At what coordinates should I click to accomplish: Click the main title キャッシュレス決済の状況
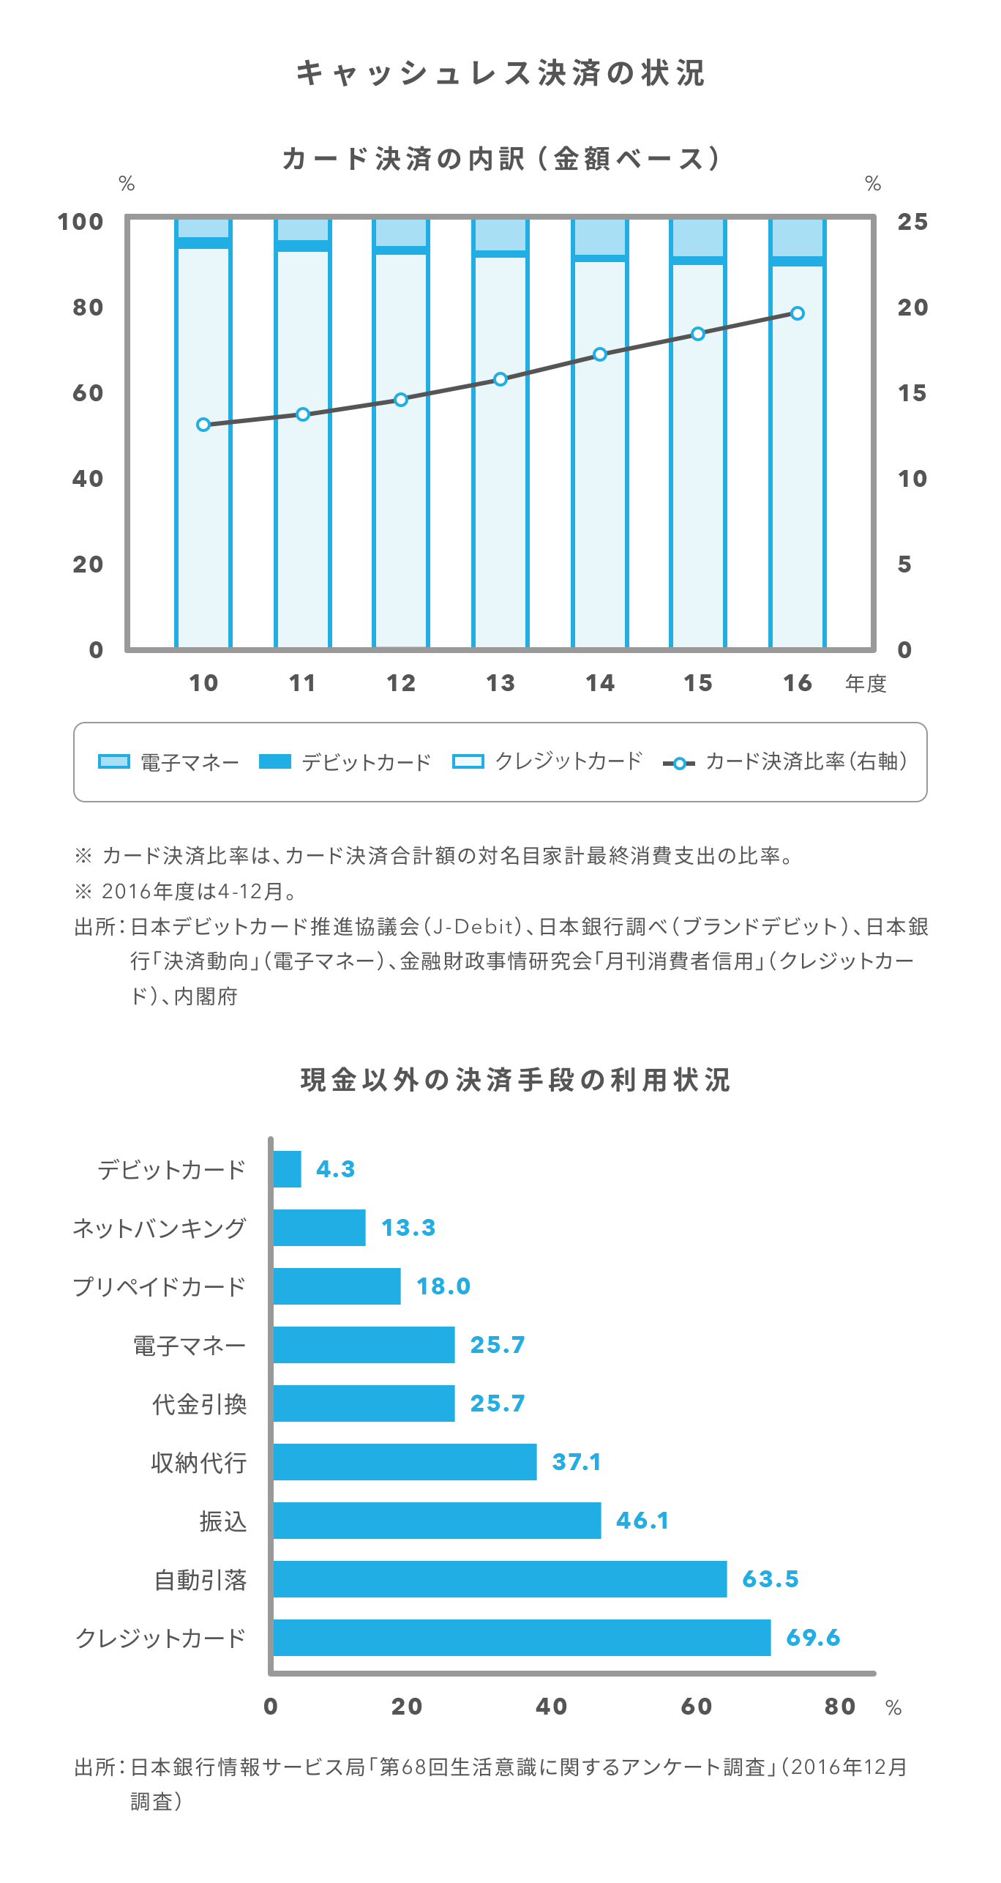point(500,73)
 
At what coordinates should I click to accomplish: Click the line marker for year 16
point(798,313)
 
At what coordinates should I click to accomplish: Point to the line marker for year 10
point(203,425)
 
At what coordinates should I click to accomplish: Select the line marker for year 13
point(500,379)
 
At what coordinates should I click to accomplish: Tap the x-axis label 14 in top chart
point(600,683)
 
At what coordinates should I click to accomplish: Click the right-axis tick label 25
point(912,222)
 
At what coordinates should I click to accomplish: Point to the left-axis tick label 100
point(80,222)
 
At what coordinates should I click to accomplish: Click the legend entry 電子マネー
point(169,762)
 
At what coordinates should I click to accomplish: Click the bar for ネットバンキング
point(319,1228)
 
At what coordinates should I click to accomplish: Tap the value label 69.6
point(813,1638)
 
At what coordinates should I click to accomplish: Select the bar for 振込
point(437,1521)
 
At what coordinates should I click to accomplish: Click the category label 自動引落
point(200,1580)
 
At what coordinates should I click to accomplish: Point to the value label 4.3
point(336,1169)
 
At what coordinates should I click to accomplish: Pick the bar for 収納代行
point(405,1462)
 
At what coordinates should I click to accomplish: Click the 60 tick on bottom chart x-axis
point(696,1707)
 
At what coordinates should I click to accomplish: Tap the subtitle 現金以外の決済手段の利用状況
point(515,1080)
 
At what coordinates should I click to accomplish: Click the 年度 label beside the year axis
point(866,684)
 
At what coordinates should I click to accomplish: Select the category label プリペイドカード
point(160,1287)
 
